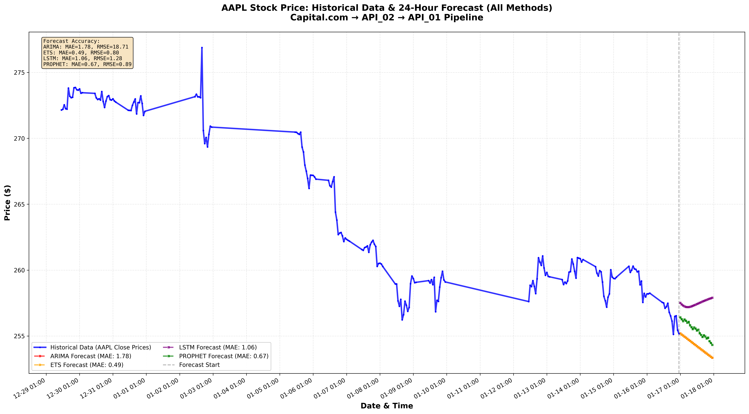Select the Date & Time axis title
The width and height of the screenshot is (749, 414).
(x=387, y=406)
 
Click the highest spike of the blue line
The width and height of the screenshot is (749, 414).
(x=202, y=47)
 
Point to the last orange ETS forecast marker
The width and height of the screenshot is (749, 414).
(x=712, y=358)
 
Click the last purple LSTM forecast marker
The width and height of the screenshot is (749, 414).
(x=712, y=298)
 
